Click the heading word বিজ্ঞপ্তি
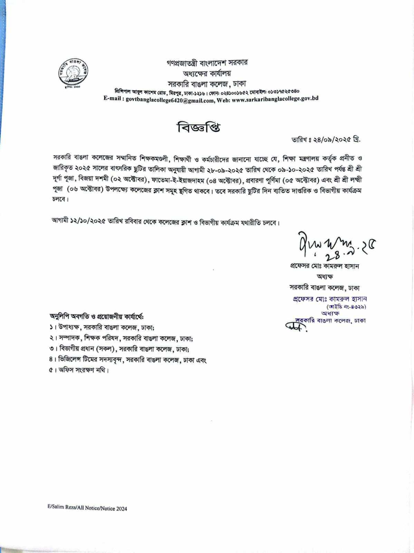point(199,128)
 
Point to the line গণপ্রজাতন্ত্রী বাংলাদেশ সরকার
point(206,63)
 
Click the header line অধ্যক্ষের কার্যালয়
point(206,73)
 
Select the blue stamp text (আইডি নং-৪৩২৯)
point(346,306)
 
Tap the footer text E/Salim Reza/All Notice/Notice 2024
point(87,508)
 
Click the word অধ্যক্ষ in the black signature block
point(325,277)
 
